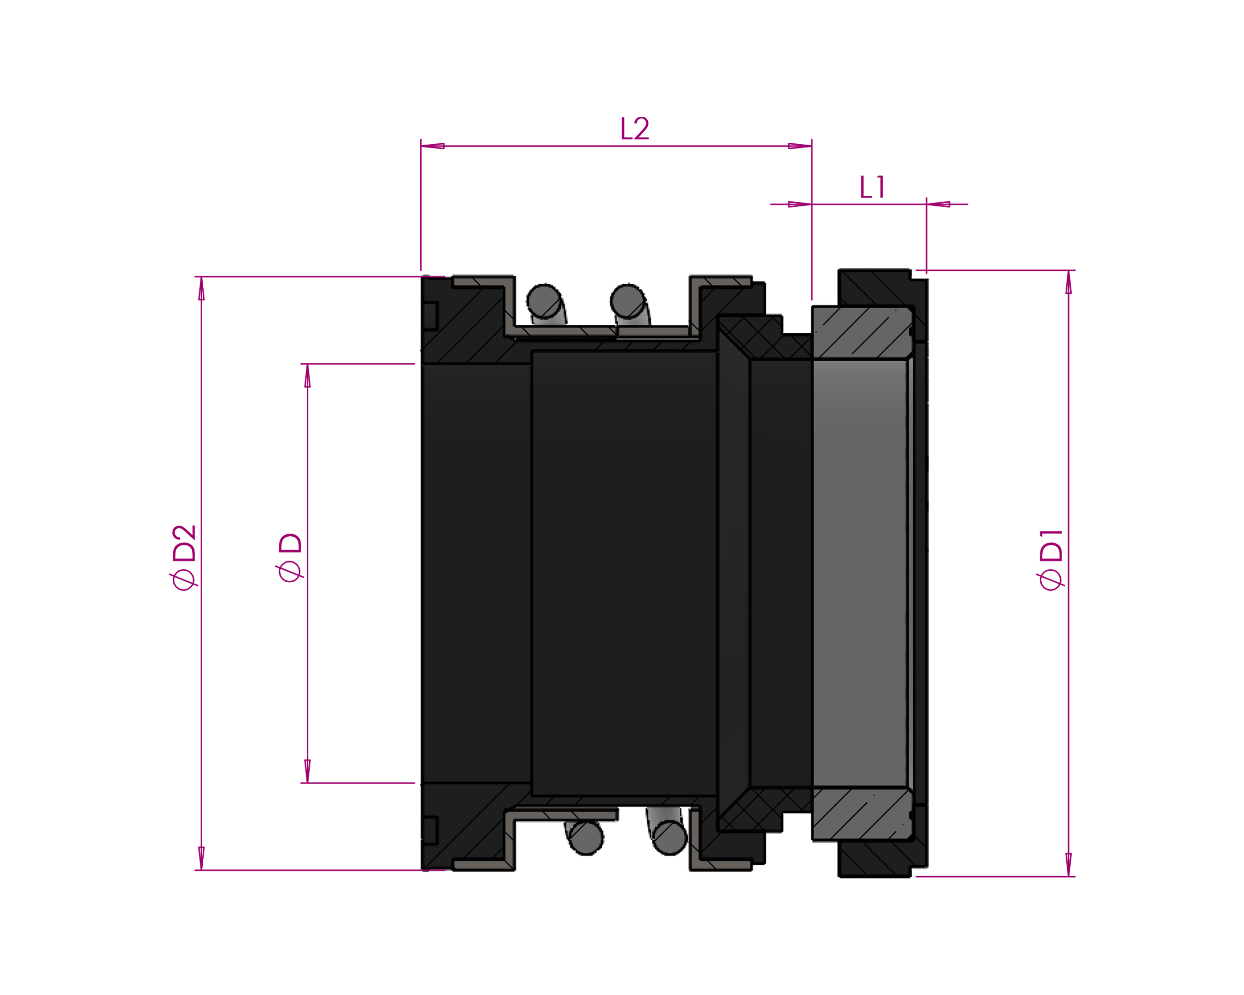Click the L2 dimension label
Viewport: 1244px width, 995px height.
(635, 129)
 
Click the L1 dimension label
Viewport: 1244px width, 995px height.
(872, 187)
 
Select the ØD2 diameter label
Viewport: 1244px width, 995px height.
(185, 558)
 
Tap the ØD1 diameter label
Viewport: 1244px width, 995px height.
(1050, 560)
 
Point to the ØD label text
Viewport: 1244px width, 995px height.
(290, 558)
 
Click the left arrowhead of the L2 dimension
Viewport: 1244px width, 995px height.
(433, 146)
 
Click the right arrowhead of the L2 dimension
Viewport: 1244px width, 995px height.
(800, 146)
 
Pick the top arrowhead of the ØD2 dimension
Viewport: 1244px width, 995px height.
(201, 288)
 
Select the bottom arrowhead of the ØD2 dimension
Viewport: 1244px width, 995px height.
(201, 858)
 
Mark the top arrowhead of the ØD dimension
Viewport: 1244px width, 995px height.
(307, 375)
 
